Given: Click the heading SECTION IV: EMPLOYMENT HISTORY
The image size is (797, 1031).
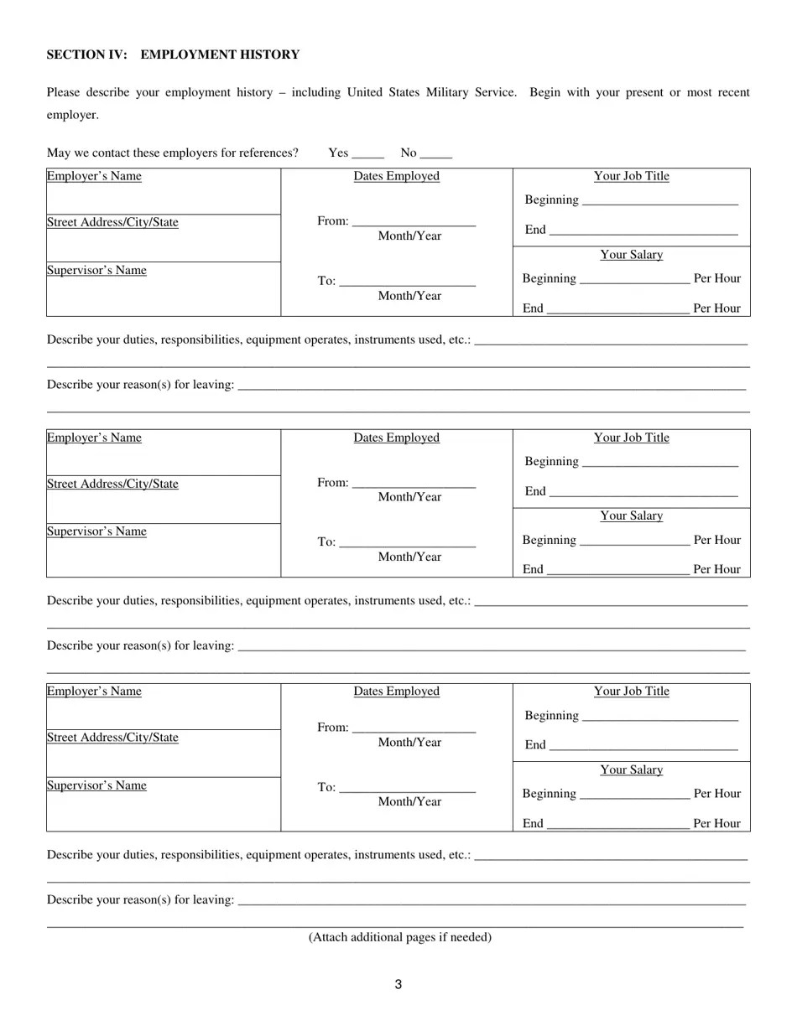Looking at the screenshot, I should click(x=173, y=54).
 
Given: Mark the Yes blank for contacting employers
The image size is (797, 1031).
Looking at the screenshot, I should click(x=367, y=153).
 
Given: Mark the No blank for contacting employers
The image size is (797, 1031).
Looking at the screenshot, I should click(x=435, y=153).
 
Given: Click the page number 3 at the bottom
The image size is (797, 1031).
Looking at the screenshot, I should click(x=398, y=984).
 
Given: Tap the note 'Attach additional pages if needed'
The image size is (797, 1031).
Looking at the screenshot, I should click(x=399, y=937).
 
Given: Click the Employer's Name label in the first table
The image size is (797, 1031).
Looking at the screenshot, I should click(x=94, y=176).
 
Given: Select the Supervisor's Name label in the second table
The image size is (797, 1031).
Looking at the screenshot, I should click(x=96, y=531).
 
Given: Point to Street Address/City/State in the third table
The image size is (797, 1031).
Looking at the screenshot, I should click(x=112, y=738).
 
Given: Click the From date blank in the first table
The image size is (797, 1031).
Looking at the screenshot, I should click(x=414, y=222).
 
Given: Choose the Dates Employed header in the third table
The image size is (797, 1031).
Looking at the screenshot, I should click(x=396, y=692).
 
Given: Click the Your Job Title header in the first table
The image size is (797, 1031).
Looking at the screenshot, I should click(x=631, y=176).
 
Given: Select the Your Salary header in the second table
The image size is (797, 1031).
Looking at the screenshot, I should click(x=631, y=516).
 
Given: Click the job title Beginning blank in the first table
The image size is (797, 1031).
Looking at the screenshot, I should click(x=659, y=201).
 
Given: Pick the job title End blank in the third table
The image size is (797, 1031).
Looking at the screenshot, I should click(x=643, y=746).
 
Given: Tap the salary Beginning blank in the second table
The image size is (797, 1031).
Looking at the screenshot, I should click(x=634, y=541).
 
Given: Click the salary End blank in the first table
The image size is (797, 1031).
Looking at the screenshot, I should click(x=617, y=309).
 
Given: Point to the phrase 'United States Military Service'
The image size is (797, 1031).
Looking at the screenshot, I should click(x=431, y=92).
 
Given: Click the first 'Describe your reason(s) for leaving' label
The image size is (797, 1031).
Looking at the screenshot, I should click(x=140, y=385).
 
